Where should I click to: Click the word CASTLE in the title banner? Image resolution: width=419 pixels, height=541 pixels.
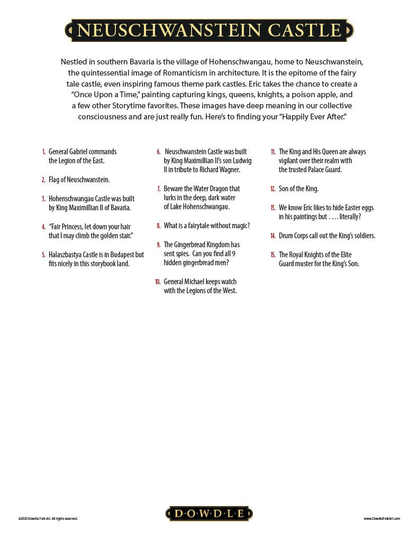[304, 30]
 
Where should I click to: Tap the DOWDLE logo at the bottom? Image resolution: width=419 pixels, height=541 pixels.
[210, 514]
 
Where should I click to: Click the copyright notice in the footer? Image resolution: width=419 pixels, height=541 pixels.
[48, 519]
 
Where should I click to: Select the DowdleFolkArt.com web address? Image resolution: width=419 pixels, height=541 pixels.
[381, 519]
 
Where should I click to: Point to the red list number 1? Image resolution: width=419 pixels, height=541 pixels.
[43, 152]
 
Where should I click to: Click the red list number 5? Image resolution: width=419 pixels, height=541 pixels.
[43, 255]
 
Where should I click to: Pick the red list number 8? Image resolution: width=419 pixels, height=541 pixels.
[158, 226]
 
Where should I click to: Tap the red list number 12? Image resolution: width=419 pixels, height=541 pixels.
[273, 189]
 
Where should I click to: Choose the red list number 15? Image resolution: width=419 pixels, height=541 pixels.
[273, 255]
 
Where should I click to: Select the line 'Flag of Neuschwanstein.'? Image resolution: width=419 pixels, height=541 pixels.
[79, 180]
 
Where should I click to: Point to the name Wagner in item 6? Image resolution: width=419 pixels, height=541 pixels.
[229, 170]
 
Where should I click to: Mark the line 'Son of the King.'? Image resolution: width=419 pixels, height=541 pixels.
[298, 189]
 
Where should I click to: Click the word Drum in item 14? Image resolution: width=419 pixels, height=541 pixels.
[286, 236]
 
